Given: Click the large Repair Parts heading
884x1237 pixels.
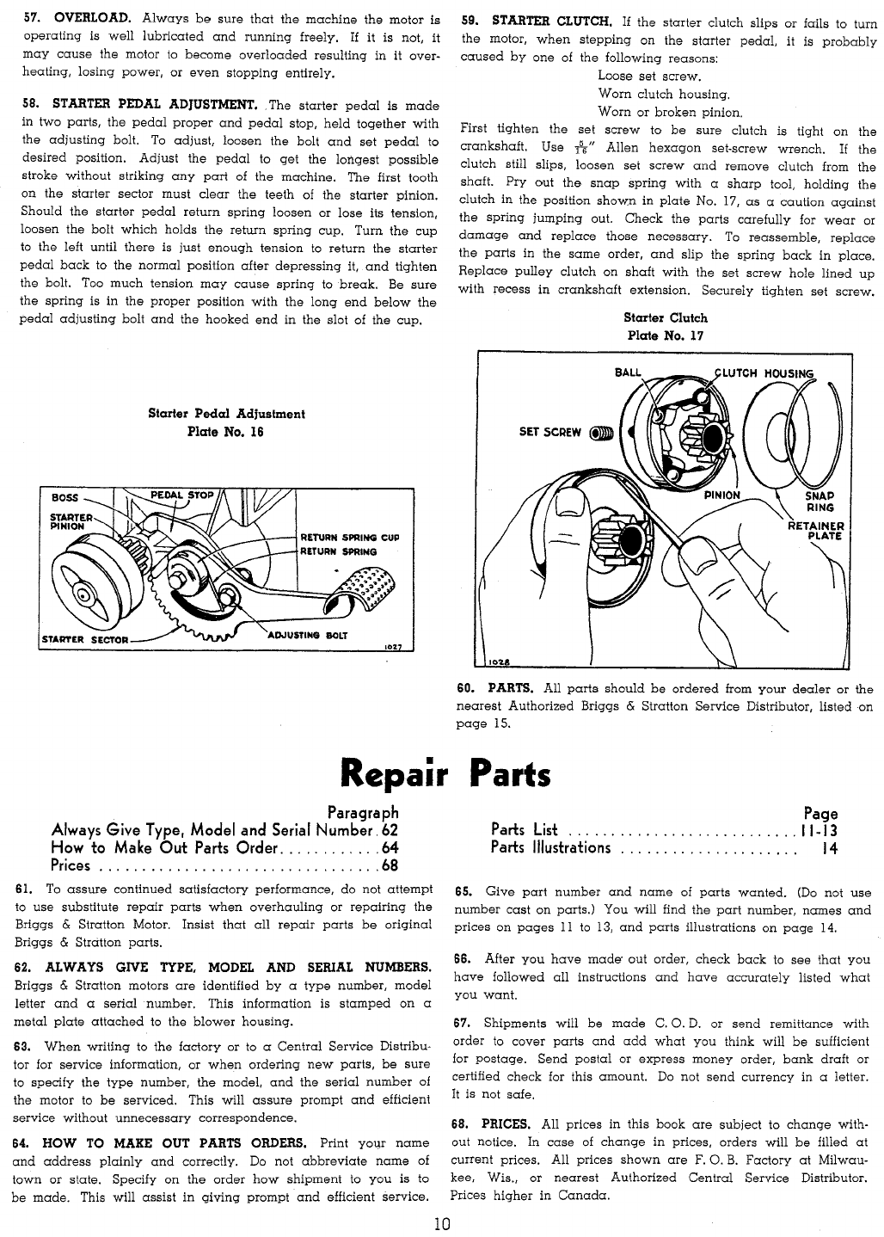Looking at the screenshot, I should pyautogui.click(x=445, y=773).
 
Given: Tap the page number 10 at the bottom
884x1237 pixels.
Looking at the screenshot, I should pyautogui.click(x=442, y=1223).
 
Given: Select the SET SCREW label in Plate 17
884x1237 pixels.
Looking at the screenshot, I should pyautogui.click(x=549, y=432).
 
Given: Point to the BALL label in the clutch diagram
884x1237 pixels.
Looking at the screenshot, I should pyautogui.click(x=628, y=372).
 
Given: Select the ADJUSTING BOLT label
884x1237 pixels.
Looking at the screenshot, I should pyautogui.click(x=308, y=635).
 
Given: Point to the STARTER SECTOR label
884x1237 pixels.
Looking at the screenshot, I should pyautogui.click(x=85, y=640).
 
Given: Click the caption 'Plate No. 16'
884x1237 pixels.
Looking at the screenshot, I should pyautogui.click(x=224, y=432).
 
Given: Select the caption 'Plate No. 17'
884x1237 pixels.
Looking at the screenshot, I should pyautogui.click(x=666, y=335).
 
